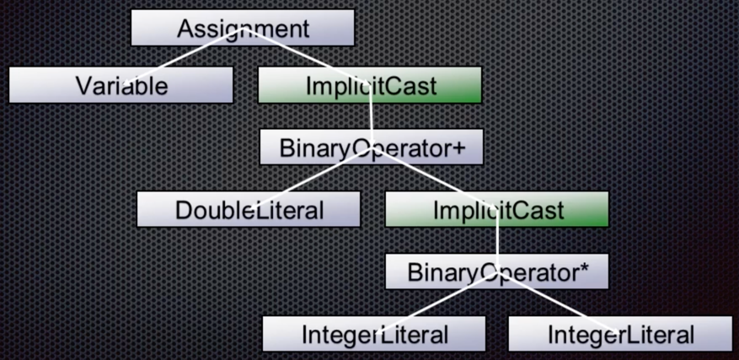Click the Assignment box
(243, 28)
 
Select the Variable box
(121, 85)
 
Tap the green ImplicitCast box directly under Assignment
(370, 85)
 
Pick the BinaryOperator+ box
(372, 147)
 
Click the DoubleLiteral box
(249, 209)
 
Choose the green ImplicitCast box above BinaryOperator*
(497, 209)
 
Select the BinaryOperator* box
(497, 271)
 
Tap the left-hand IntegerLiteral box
(374, 334)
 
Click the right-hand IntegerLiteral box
(620, 334)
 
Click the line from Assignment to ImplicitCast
(307, 56)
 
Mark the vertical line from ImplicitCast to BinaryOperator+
(371, 116)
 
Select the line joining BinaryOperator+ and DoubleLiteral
(311, 177)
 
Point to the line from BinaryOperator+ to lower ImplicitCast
(434, 177)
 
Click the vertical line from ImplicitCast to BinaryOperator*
(497, 240)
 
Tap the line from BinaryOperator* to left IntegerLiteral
(436, 303)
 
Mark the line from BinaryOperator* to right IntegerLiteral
(559, 303)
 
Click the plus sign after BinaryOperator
(458, 148)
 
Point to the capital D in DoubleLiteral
(183, 211)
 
